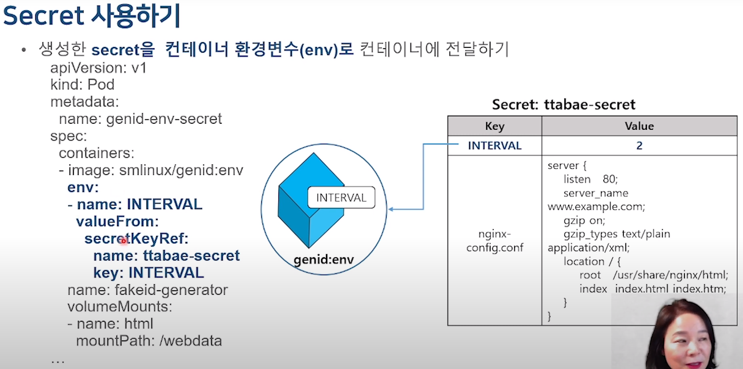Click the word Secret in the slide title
click(x=43, y=16)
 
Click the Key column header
click(x=495, y=126)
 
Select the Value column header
click(x=639, y=126)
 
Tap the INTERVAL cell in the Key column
click(x=495, y=145)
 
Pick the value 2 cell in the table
click(x=639, y=145)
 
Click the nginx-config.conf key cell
click(x=495, y=241)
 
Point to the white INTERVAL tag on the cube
click(x=341, y=198)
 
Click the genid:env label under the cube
click(x=324, y=260)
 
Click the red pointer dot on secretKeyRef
click(x=124, y=241)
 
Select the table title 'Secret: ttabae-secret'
click(x=564, y=104)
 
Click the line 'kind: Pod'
click(x=82, y=85)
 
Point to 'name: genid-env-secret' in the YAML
click(x=140, y=119)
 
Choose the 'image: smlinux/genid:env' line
click(x=155, y=170)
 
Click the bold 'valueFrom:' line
click(x=117, y=221)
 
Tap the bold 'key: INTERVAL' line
click(x=149, y=273)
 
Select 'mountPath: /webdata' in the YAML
click(x=149, y=341)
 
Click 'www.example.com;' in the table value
click(x=596, y=207)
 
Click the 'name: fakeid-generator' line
click(x=147, y=290)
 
